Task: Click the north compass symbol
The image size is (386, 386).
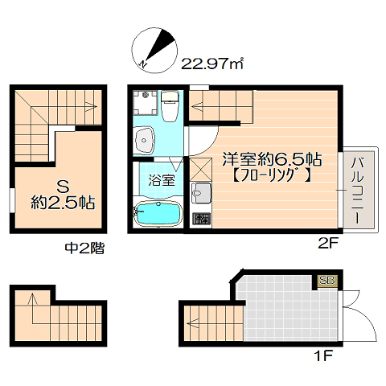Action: pos(154,50)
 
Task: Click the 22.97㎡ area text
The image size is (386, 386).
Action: pos(212,64)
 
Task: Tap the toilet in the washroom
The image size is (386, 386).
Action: pos(170,106)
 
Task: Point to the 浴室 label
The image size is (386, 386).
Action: pos(162,180)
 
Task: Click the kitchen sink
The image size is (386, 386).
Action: pos(200,193)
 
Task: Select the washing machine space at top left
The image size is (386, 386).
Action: pos(146,103)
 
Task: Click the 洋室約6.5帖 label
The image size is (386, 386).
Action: pos(272,160)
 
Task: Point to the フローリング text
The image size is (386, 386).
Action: pos(272,176)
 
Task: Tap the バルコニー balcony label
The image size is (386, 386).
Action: pos(358,191)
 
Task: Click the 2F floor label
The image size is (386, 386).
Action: pos(328,244)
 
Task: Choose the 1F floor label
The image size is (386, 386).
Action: pos(323,356)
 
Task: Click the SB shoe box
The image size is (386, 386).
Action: pos(327,281)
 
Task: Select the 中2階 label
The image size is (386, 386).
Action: pos(84,248)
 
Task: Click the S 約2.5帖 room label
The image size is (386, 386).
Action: pos(63,195)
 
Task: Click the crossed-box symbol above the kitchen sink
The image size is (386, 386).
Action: pos(201,169)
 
